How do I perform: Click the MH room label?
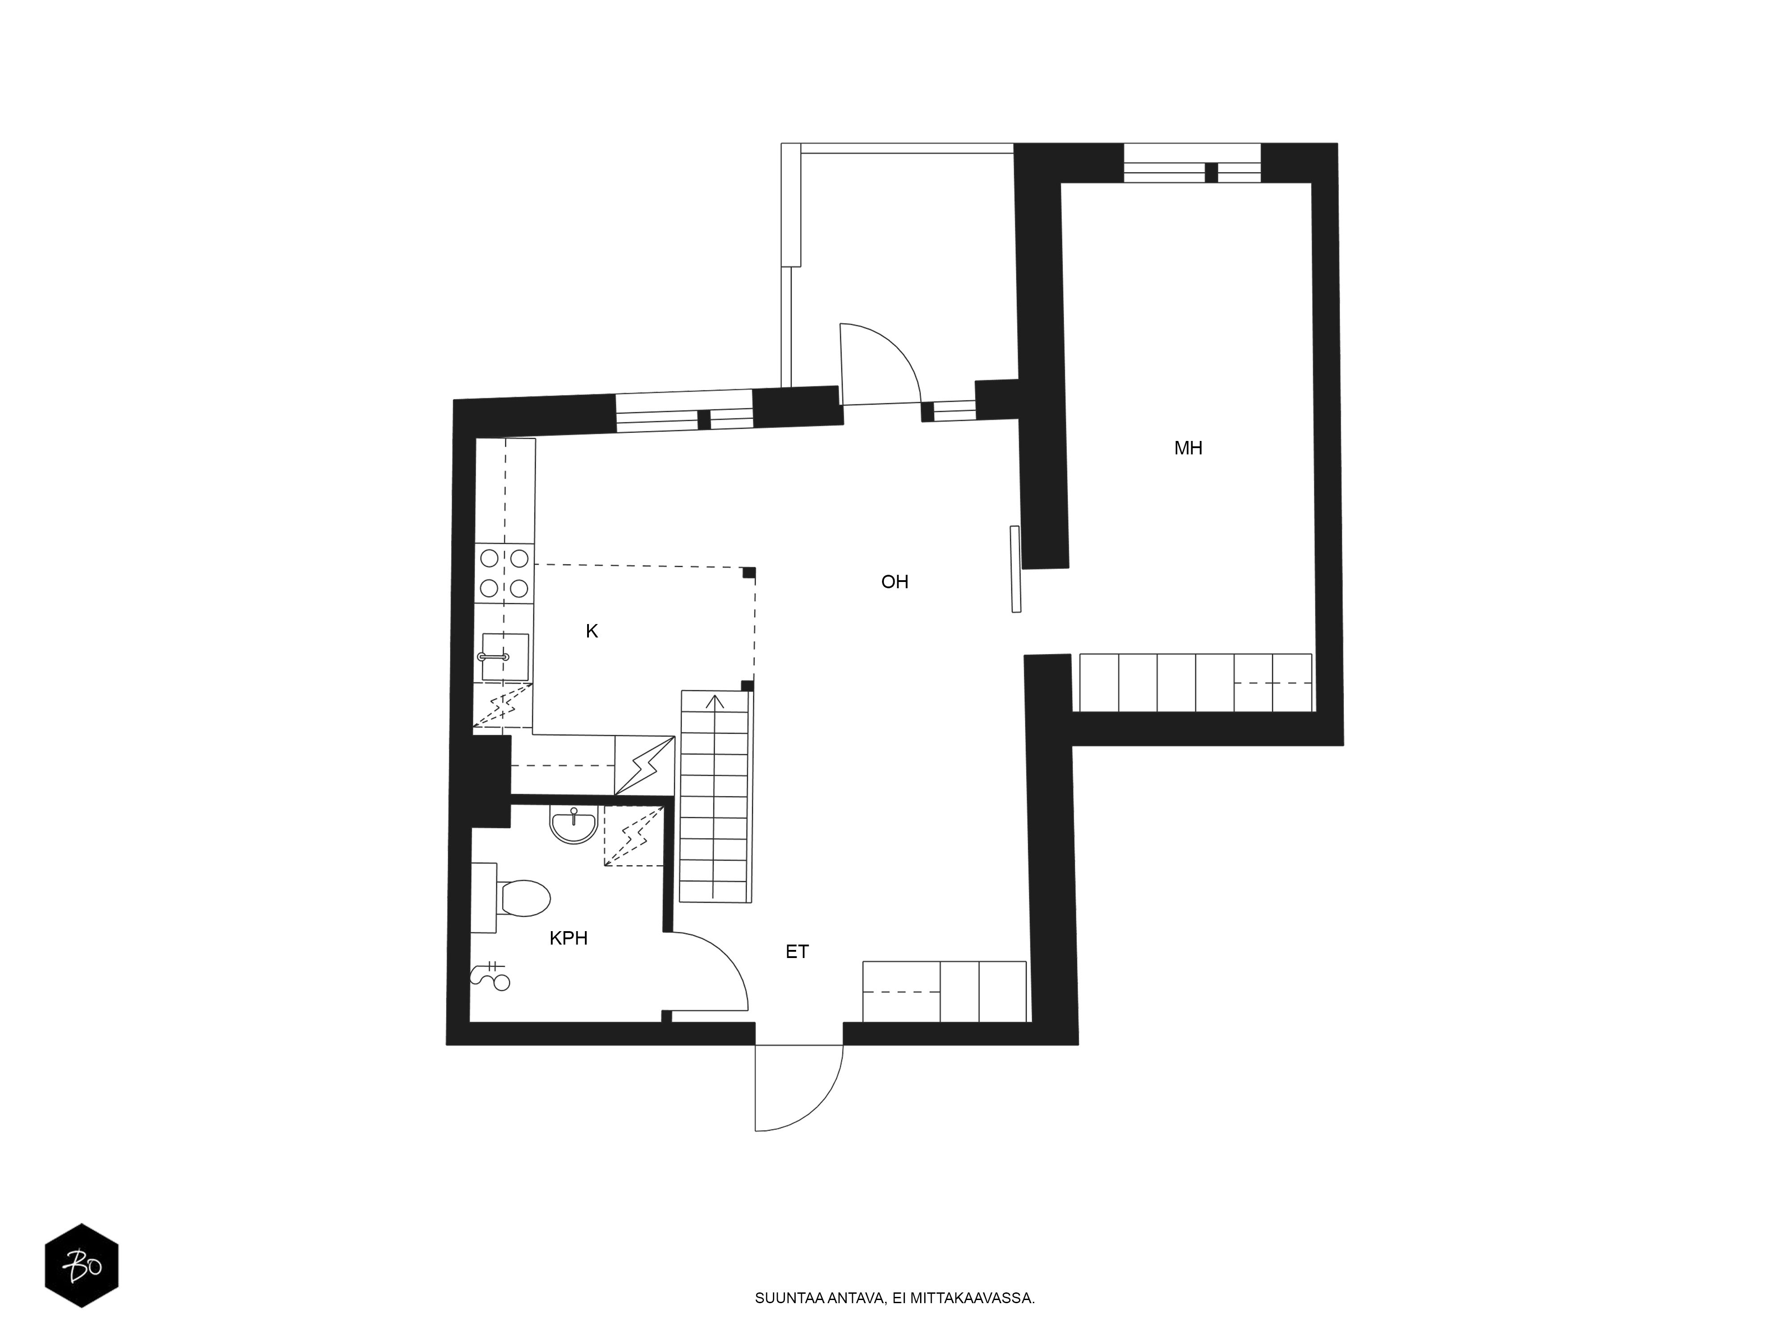pyautogui.click(x=1188, y=448)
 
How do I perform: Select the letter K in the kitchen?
pyautogui.click(x=592, y=631)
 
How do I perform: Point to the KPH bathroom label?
pyautogui.click(x=568, y=938)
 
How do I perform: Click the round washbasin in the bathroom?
pyautogui.click(x=574, y=825)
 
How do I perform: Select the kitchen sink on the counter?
pyautogui.click(x=505, y=657)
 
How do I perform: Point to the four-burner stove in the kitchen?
pyautogui.click(x=504, y=573)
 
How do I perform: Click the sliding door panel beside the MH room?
pyautogui.click(x=1015, y=569)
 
